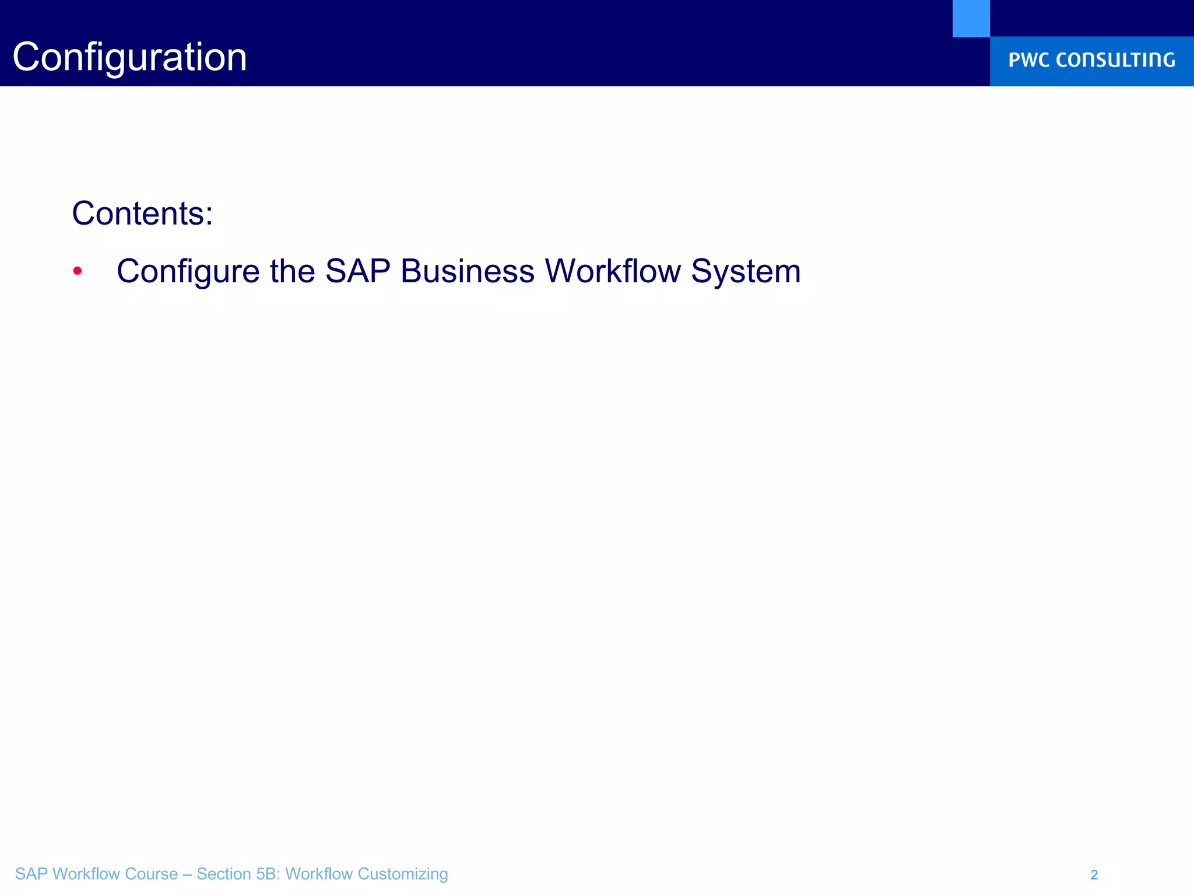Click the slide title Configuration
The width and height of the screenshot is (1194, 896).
129,57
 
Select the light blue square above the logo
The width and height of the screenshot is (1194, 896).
971,18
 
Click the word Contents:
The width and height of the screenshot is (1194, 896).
142,213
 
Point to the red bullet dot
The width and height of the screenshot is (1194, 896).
78,271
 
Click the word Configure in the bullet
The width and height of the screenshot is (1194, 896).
188,272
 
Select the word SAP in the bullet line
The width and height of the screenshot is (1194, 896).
357,271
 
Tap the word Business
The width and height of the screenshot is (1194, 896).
467,271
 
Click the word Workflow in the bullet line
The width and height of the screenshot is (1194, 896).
612,271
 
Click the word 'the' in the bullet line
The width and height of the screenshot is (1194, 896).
292,271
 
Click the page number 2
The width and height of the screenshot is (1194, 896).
1094,874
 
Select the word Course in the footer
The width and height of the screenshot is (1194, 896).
151,874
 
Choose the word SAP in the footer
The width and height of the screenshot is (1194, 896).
31,874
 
